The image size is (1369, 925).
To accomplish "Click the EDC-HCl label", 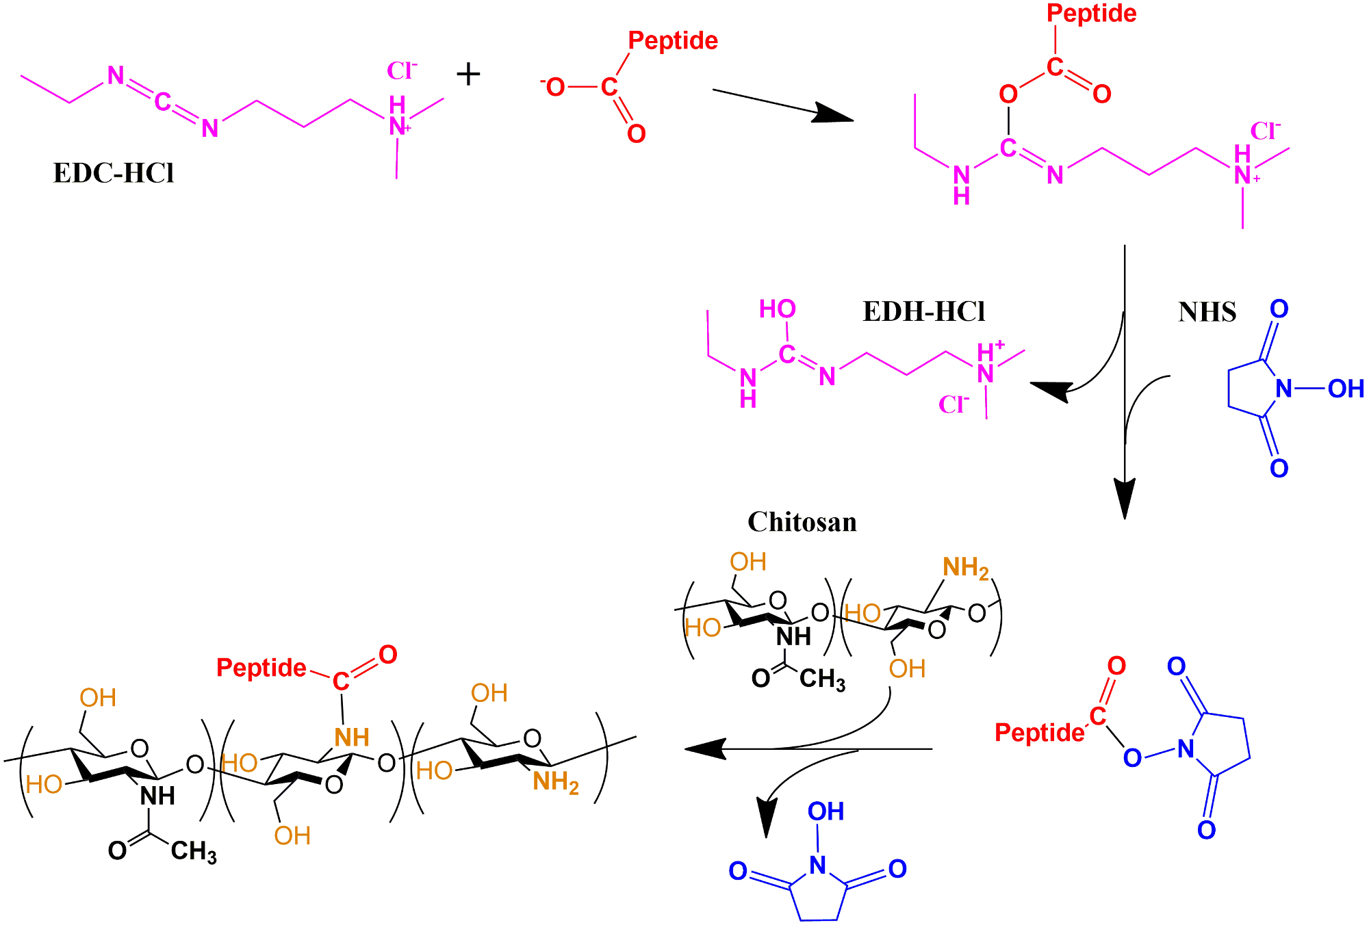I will coord(114,173).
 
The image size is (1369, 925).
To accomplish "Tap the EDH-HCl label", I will coord(923,312).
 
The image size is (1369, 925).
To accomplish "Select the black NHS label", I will coord(1207,313).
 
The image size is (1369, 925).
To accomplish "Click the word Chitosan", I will coord(802,522).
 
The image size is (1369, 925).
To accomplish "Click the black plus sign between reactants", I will coord(468,74).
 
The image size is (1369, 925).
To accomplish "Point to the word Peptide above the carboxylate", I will coord(673,41).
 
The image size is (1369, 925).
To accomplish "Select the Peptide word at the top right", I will coord(1091,14).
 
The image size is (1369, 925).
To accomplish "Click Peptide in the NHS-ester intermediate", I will coord(1039,733).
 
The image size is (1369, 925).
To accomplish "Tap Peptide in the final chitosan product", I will coord(261,668).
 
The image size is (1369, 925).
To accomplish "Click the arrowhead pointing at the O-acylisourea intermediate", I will coord(834,114).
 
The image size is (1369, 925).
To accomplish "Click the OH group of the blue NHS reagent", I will coord(1345,389).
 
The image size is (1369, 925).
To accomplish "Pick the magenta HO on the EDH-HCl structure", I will coord(777,309).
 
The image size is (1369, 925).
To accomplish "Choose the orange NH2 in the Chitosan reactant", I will coord(965,568).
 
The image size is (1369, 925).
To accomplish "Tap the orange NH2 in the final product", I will coord(555,782).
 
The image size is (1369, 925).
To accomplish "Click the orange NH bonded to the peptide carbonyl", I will coord(352,738).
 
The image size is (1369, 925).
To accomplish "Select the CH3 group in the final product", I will coord(193,852).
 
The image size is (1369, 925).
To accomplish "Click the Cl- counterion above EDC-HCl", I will coord(402,70).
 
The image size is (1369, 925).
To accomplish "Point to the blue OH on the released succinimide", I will coord(826,812).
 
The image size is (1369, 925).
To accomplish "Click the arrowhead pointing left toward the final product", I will coord(705,749).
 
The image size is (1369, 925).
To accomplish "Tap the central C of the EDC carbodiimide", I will coord(162,102).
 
